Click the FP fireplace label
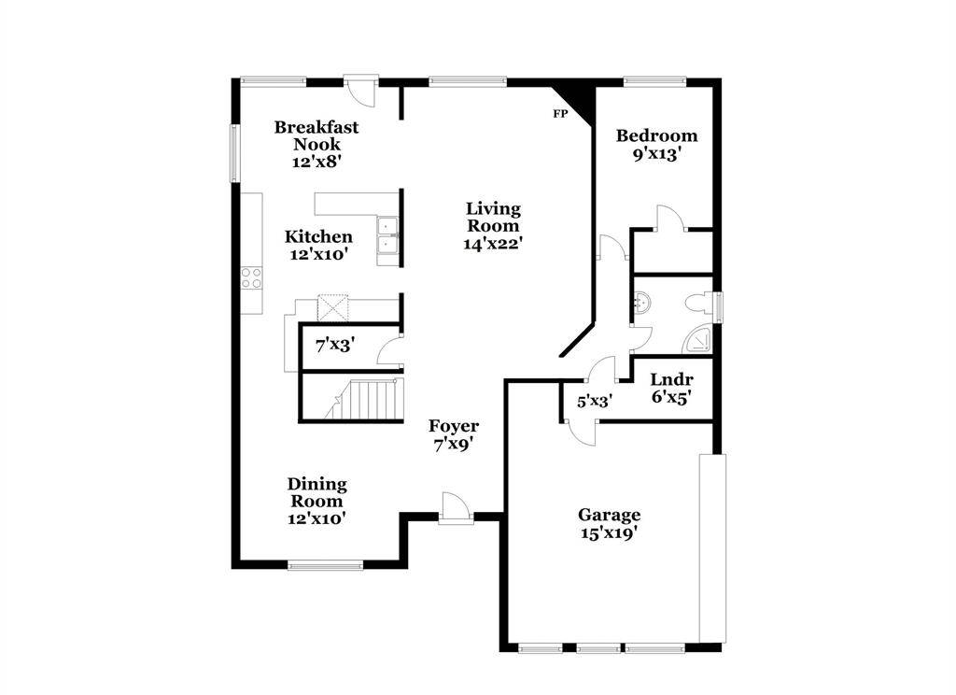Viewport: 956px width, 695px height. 560,114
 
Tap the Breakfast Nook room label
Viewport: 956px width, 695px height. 316,135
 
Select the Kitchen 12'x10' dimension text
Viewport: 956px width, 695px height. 318,255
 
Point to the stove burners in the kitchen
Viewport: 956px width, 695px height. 252,277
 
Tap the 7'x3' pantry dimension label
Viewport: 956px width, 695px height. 333,346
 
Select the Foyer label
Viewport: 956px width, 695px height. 454,426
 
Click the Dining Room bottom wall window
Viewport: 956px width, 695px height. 325,564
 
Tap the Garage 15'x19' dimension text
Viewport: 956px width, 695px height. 609,533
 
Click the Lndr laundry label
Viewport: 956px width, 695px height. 670,380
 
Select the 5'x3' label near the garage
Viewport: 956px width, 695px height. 594,403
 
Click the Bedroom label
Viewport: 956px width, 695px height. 656,135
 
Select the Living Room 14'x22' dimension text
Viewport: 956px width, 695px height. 493,244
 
